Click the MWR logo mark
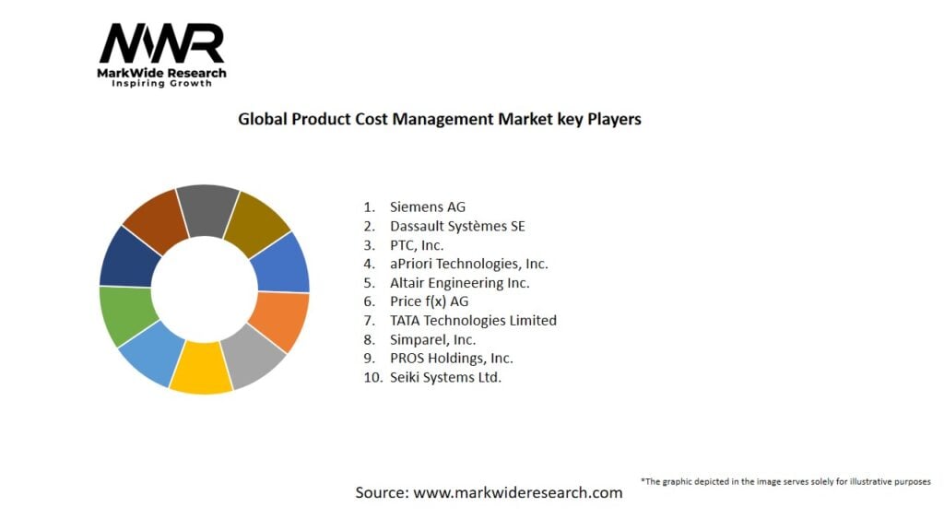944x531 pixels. tap(161, 43)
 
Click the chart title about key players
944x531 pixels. tap(439, 119)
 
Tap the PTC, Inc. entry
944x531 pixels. tap(416, 245)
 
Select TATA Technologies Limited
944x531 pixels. tap(473, 321)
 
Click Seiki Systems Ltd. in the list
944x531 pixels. tap(445, 377)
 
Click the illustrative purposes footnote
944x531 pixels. tap(785, 481)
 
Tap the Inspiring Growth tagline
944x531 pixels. tap(161, 84)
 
